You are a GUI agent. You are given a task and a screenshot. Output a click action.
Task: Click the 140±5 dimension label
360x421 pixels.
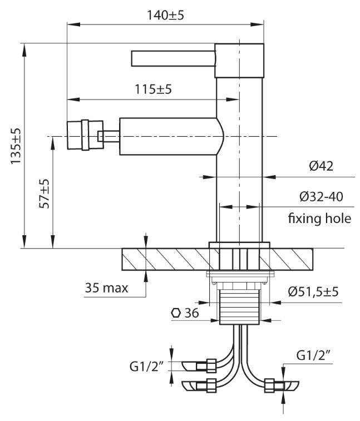point(164,15)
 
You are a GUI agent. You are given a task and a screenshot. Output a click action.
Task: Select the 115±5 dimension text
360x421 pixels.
point(152,90)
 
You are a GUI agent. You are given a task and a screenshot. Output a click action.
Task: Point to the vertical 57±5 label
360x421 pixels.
point(45,194)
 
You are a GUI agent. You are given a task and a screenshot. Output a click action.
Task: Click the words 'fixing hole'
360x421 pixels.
point(319,218)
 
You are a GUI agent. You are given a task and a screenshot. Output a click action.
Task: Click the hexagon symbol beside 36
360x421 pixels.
point(175,313)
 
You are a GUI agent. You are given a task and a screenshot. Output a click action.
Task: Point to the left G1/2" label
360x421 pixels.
point(146,365)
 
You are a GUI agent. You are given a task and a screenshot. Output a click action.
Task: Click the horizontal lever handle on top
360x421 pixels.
point(172,58)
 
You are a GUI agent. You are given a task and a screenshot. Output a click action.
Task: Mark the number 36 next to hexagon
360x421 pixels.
point(191,313)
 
